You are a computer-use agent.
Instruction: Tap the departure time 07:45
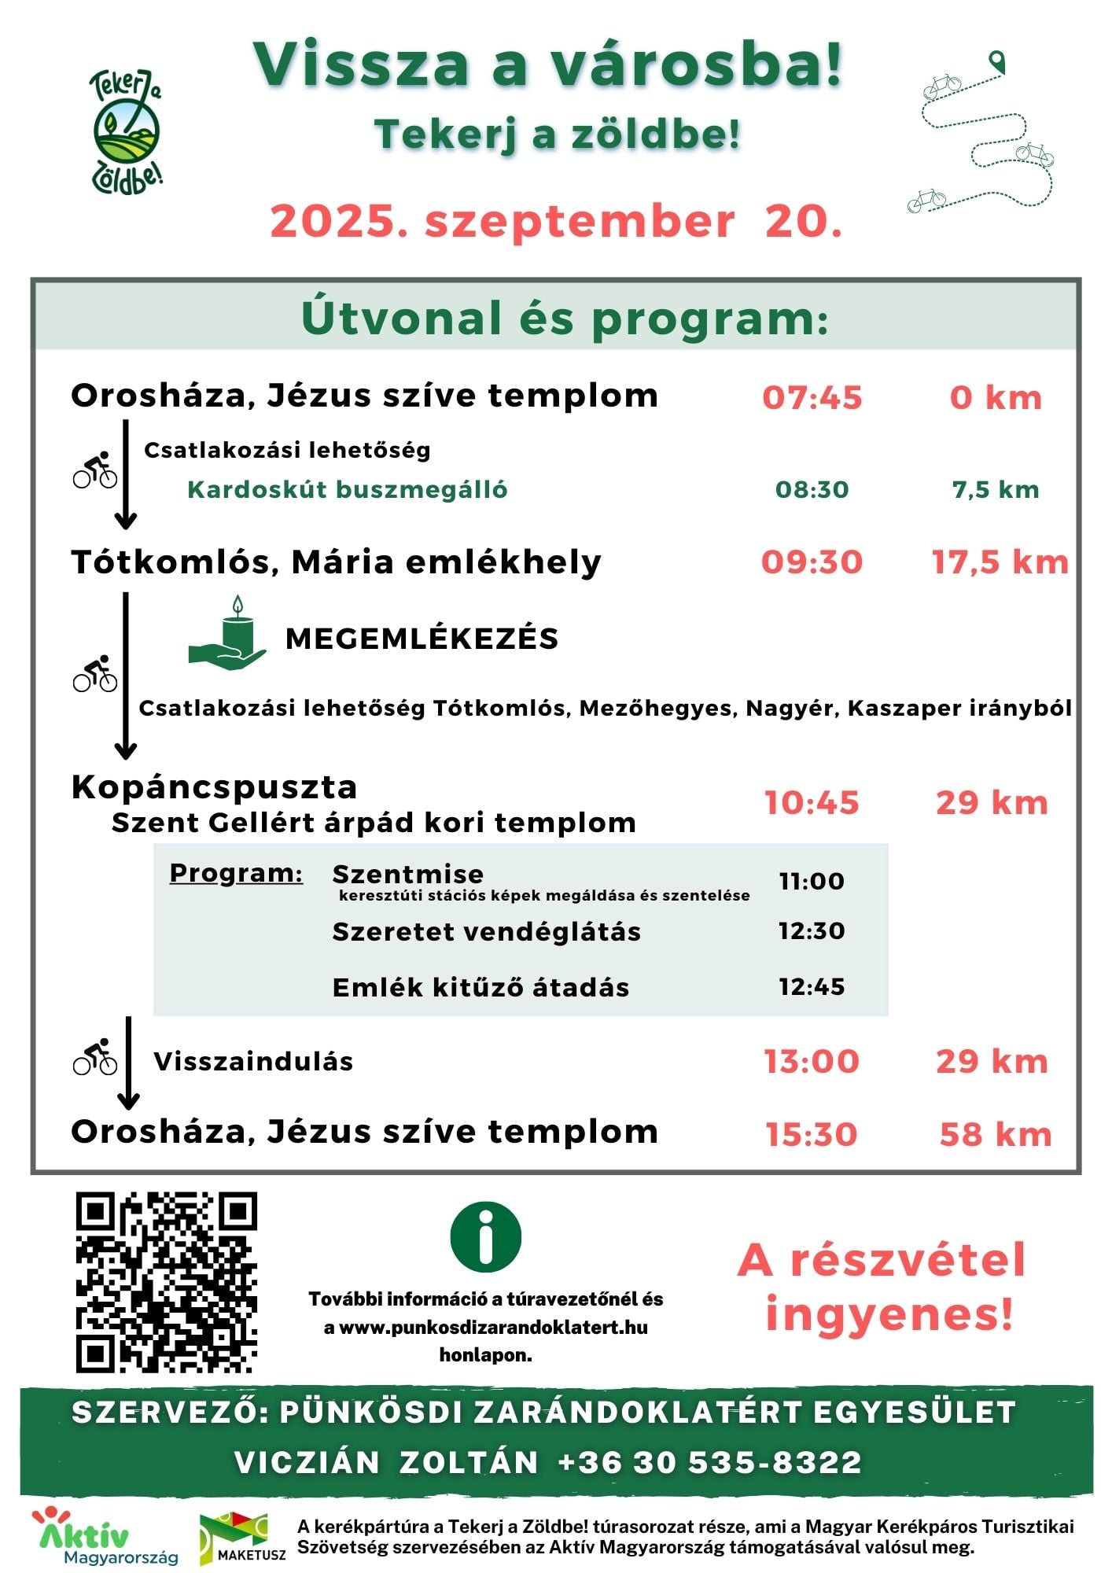tap(812, 398)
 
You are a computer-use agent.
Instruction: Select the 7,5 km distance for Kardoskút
tap(995, 490)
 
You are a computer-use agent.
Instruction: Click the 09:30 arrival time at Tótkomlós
tap(812, 562)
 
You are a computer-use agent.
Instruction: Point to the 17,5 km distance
tap(1000, 562)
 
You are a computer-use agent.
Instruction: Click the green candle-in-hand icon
tap(228, 635)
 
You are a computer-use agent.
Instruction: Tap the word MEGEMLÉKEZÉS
tap(422, 639)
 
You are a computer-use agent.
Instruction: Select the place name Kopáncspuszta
tap(214, 787)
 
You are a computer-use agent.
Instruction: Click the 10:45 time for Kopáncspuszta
tap(812, 803)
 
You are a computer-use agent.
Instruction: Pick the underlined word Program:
tap(236, 873)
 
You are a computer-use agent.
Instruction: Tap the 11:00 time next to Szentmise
tap(812, 881)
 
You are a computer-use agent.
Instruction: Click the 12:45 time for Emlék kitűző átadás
tap(812, 986)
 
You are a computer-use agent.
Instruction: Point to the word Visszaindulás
tap(253, 1062)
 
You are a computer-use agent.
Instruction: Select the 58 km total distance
tap(995, 1135)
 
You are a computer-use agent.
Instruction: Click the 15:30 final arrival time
tap(812, 1135)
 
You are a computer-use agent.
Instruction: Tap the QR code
tap(167, 1283)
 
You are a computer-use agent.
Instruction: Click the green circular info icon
tap(485, 1236)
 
